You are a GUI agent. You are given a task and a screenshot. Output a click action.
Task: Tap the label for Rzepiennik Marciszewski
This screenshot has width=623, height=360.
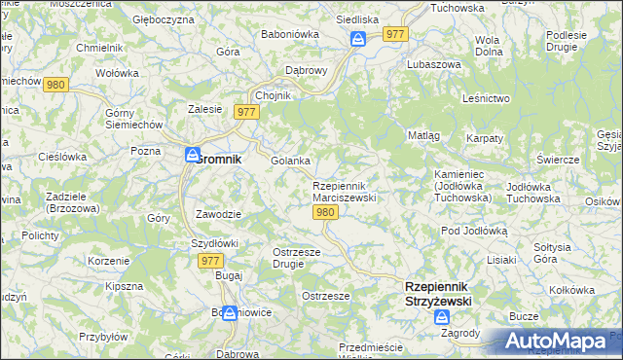point(344,192)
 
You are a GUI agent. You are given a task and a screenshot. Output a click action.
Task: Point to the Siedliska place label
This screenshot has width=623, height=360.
point(357,18)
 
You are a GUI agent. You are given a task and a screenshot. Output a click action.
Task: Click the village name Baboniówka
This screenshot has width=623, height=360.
point(285,34)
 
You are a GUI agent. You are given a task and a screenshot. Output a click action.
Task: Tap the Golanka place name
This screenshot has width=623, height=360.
point(290,161)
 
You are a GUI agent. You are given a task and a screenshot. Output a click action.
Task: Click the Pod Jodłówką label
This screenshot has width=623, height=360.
point(474,231)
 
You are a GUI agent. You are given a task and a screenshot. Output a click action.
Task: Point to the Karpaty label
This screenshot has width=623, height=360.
point(484,139)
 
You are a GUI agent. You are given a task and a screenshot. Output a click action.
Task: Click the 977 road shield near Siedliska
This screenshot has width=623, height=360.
point(394,33)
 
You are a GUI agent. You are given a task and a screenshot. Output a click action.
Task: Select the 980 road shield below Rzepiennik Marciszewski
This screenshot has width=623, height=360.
point(326,213)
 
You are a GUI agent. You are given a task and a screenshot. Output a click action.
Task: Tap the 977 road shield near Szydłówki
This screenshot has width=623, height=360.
point(210,261)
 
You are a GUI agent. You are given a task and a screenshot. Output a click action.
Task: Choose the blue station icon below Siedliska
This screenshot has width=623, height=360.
point(357,38)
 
